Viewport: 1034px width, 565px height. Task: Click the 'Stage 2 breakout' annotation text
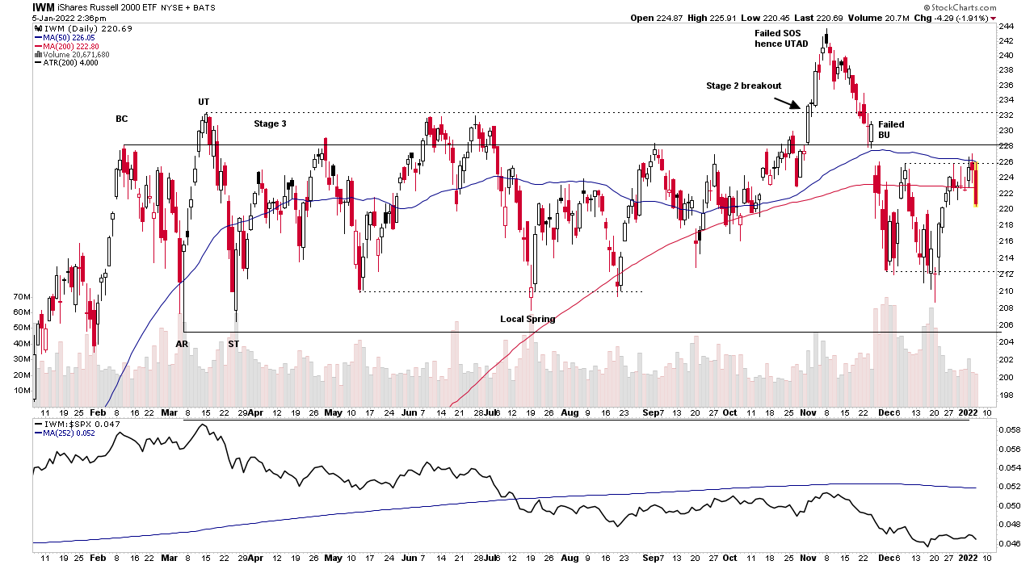point(744,86)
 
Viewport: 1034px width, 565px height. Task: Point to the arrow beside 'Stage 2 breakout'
point(787,103)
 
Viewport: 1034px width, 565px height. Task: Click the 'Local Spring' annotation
point(528,319)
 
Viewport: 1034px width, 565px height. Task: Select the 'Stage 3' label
point(270,123)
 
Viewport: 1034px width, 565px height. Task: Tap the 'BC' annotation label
point(121,119)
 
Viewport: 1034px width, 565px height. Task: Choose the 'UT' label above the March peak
point(204,102)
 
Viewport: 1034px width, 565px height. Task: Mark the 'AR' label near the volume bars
point(183,344)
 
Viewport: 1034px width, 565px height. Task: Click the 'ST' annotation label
point(233,344)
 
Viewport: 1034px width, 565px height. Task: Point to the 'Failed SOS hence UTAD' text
point(780,38)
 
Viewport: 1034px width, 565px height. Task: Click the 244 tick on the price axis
point(1006,26)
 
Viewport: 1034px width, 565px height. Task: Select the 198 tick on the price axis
point(1006,395)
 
